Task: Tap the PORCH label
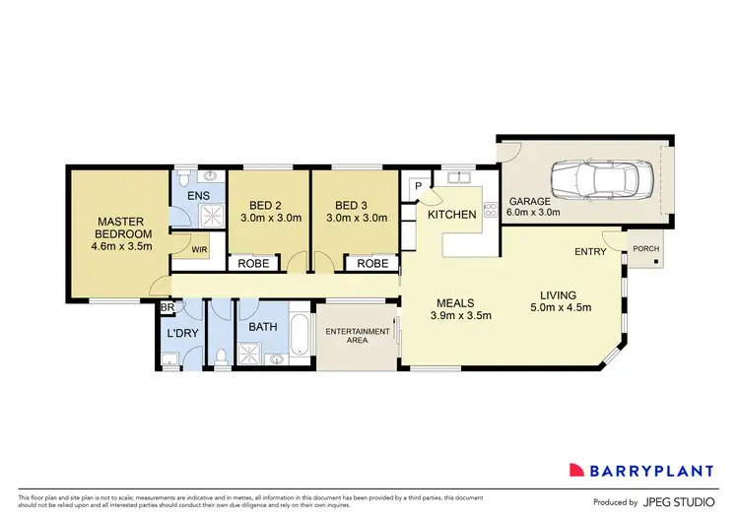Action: click(x=645, y=249)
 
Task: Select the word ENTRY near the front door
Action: click(x=591, y=252)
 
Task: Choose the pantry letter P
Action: click(x=417, y=186)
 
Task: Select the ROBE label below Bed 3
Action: click(x=371, y=264)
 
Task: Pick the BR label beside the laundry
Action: click(x=167, y=307)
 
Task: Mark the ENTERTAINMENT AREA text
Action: click(x=354, y=336)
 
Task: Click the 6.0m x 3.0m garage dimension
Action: click(x=532, y=212)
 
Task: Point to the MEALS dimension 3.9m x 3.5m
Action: click(x=460, y=316)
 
